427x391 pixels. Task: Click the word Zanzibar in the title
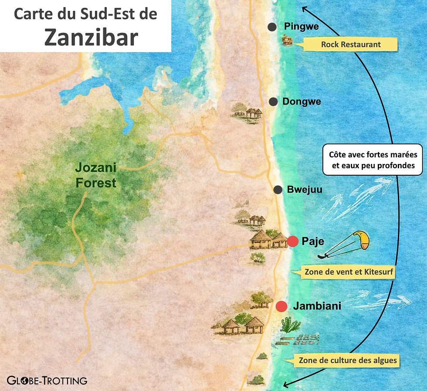(x=91, y=37)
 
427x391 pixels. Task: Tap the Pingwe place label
(x=301, y=27)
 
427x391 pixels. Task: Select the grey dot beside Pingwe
(x=272, y=27)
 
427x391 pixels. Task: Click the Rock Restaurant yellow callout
(x=351, y=44)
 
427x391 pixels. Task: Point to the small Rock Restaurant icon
(x=286, y=41)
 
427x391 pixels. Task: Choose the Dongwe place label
(x=302, y=102)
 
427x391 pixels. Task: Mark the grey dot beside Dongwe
(x=273, y=102)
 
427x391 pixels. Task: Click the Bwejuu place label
(x=305, y=190)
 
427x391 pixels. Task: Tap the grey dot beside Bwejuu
(x=278, y=190)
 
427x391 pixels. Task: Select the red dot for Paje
(x=293, y=241)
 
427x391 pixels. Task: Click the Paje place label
(x=313, y=241)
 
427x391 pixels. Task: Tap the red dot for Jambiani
(x=281, y=306)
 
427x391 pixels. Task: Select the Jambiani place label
(x=317, y=306)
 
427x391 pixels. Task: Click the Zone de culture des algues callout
(x=347, y=360)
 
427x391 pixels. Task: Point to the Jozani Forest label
(x=96, y=175)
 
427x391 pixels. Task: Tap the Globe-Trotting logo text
(x=47, y=380)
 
